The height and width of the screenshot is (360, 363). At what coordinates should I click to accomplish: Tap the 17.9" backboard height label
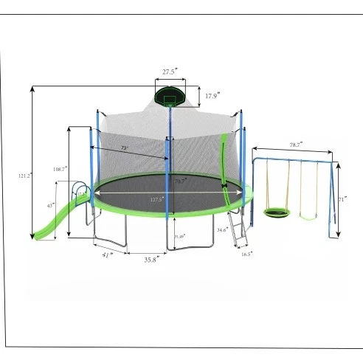click(212, 96)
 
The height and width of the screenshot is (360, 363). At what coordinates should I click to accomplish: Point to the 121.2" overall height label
click(23, 176)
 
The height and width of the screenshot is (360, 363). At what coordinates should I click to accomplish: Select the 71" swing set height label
click(344, 200)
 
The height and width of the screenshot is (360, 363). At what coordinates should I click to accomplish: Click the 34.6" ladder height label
click(221, 230)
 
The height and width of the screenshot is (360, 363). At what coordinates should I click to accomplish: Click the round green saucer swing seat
click(277, 213)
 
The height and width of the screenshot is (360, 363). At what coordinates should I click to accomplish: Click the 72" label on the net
click(125, 148)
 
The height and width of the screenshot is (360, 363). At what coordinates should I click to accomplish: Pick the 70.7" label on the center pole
click(179, 180)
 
